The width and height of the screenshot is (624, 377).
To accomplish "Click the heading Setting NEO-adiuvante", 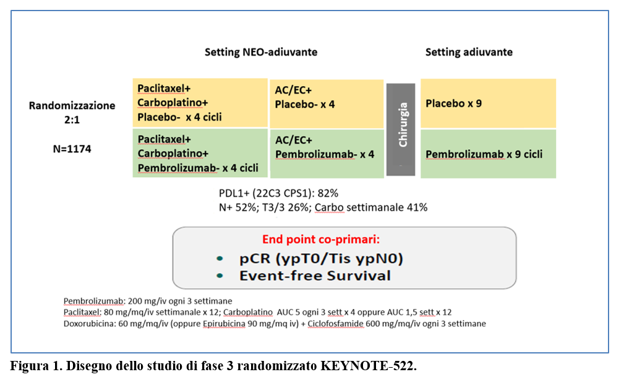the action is point(260,52).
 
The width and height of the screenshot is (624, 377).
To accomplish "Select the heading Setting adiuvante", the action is point(469,52).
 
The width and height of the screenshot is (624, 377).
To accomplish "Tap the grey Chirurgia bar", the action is point(401,129).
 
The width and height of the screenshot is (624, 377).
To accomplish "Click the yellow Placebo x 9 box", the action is point(489,103).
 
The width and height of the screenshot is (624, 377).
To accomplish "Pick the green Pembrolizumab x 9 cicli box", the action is point(489,154).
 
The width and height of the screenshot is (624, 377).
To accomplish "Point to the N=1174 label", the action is point(72,149).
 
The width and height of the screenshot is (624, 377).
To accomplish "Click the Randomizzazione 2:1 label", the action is point(72,113).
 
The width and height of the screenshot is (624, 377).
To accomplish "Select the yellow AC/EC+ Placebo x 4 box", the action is point(327,103).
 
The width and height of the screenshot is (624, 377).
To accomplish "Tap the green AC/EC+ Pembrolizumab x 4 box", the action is point(327,154).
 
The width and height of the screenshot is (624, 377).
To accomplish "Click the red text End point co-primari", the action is point(321,240).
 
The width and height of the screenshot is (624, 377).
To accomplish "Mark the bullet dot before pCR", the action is point(220,259).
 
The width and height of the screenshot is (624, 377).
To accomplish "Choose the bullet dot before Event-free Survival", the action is point(220,275).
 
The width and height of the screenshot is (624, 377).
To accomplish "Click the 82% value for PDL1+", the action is point(328,193).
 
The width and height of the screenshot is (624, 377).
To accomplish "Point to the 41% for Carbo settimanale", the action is point(417,207).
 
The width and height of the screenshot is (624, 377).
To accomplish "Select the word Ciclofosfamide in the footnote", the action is point(335,324).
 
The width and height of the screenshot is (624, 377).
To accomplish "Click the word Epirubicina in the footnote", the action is point(224,324).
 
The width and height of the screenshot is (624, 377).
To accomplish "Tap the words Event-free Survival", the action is point(315,275).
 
